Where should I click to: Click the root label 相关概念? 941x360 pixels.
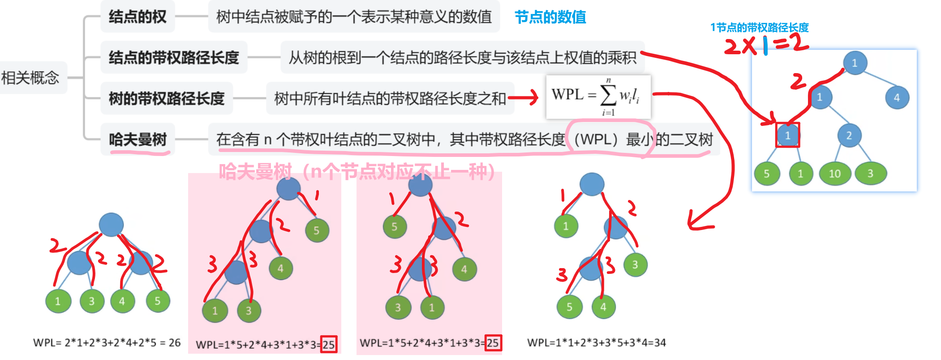pos(30,78)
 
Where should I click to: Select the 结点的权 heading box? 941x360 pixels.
pos(137,17)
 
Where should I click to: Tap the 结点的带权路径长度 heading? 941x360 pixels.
pos(174,57)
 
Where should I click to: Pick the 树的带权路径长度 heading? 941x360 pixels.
pos(167,98)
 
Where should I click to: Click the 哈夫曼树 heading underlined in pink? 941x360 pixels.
pos(137,139)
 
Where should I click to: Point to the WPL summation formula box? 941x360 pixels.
pos(598,96)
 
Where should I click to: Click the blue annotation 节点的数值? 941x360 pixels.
pos(550,17)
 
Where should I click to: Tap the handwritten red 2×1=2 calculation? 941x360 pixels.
pos(766,44)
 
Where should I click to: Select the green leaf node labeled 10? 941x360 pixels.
pos(834,173)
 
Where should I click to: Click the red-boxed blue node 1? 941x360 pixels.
pos(787,135)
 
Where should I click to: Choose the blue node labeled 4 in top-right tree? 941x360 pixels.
pos(897,97)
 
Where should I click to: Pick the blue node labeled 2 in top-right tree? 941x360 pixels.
pos(849,135)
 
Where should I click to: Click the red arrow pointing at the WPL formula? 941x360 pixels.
pos(523,97)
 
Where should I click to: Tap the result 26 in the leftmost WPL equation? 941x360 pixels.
pos(175,343)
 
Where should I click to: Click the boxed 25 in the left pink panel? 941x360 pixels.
pos(329,344)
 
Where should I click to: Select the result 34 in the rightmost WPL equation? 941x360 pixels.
pos(660,343)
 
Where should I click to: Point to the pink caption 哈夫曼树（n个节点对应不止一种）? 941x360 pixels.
pos(357,171)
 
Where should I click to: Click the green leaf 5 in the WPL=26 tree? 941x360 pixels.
pos(158,301)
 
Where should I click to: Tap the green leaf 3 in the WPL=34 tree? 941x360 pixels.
pos(635,265)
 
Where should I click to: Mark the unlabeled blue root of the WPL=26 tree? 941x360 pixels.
pos(111,224)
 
